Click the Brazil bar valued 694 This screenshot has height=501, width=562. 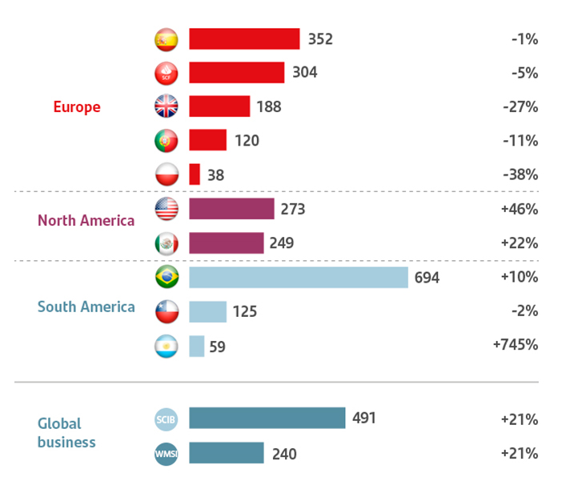(x=298, y=278)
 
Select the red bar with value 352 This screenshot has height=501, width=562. (x=244, y=39)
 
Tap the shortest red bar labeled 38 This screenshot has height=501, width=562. (x=195, y=174)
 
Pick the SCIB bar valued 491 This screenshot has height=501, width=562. (x=267, y=419)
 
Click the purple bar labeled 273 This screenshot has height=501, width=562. (x=231, y=209)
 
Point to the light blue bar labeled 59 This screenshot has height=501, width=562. (x=197, y=346)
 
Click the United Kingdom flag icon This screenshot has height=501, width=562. (x=166, y=106)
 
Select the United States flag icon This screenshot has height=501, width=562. (x=166, y=209)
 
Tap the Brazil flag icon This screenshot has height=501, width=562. (x=166, y=278)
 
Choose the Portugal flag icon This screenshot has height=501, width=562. (x=166, y=141)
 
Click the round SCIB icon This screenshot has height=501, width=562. (x=166, y=419)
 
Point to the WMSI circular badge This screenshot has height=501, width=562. (x=166, y=454)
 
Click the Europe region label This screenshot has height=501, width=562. (x=77, y=107)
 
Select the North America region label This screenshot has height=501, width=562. (x=86, y=219)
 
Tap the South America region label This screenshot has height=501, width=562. (x=86, y=307)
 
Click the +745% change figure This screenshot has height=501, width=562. (x=516, y=345)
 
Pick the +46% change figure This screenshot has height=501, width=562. (x=519, y=209)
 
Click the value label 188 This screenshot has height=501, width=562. (x=269, y=106)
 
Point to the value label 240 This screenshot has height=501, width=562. (x=283, y=454)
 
